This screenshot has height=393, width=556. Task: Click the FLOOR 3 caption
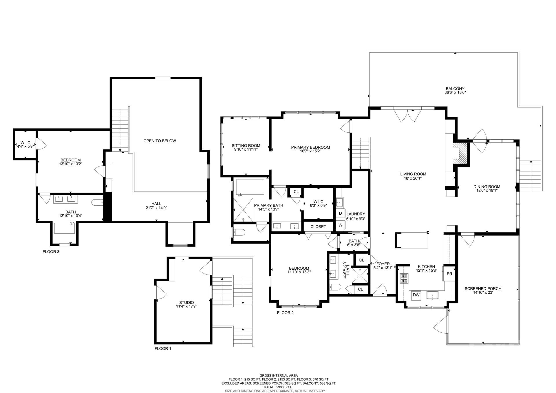tap(51, 252)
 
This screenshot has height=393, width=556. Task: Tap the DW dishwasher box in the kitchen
tap(416, 295)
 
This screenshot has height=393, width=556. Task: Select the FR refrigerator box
tap(449, 274)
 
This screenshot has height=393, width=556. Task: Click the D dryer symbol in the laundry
tap(340, 213)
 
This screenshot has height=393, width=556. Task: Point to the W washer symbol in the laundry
tap(340, 225)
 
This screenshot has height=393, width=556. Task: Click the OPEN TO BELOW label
tap(160, 141)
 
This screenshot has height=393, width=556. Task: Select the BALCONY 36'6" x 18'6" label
tap(455, 91)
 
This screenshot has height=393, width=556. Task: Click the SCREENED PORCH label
tap(483, 290)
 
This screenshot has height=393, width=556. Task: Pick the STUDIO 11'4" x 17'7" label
tap(186, 304)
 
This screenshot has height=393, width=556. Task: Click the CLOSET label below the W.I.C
tap(318, 227)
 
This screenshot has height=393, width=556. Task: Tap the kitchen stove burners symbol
tap(404, 278)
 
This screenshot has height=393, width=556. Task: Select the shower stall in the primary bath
tap(243, 210)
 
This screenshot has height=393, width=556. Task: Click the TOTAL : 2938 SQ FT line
tap(278, 387)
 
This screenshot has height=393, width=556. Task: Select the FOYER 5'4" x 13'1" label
tap(383, 266)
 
